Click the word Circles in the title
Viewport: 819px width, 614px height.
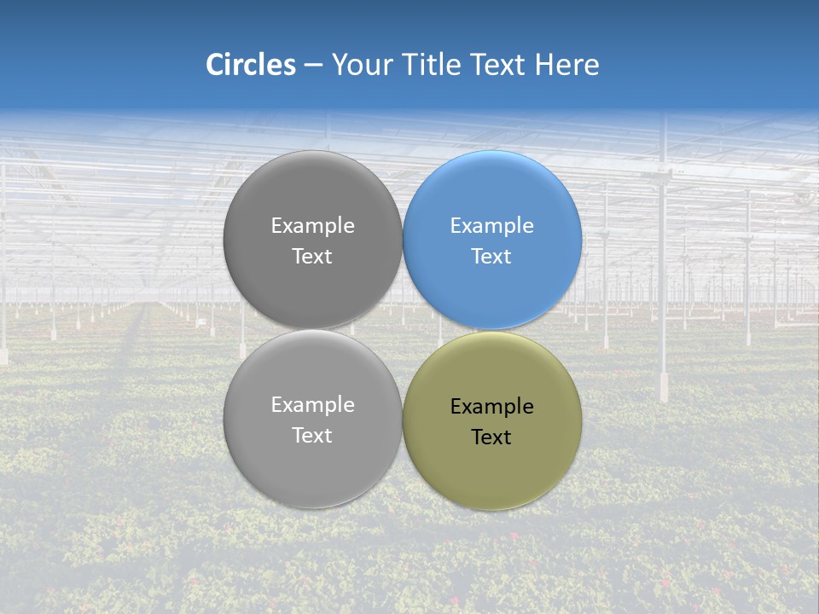250,65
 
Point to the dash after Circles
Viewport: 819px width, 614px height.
313,66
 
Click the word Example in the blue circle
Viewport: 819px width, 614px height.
492,226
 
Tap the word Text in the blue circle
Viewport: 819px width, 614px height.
492,257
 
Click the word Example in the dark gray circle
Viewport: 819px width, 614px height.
312,226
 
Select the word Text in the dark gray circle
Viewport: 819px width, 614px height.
312,257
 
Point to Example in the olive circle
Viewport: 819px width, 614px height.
492,407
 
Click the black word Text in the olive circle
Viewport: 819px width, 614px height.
492,437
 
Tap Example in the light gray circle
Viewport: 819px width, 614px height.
312,405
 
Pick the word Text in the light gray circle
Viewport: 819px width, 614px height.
312,436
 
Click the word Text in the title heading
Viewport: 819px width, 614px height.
499,65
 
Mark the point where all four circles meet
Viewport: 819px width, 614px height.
403,330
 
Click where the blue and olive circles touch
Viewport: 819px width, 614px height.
492,330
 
